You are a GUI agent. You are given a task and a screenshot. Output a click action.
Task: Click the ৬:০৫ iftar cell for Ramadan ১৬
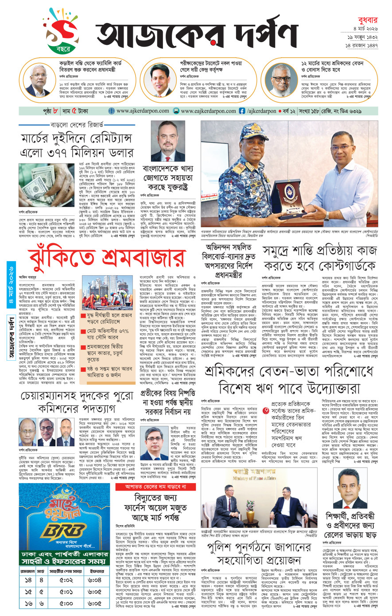(x=94, y=603)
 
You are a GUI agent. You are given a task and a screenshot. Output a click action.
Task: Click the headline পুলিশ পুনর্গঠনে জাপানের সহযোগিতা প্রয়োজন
(x=258, y=553)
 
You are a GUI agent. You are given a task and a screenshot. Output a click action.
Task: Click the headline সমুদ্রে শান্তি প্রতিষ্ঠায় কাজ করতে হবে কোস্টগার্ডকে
(x=320, y=258)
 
